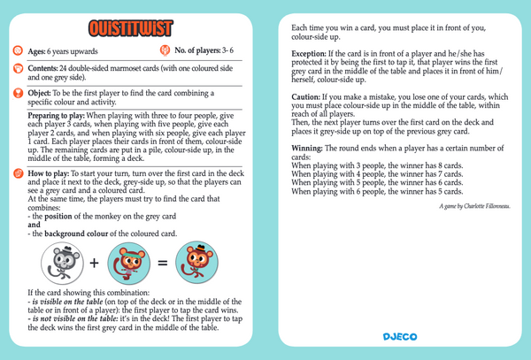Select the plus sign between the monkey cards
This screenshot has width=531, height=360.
(93, 263)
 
